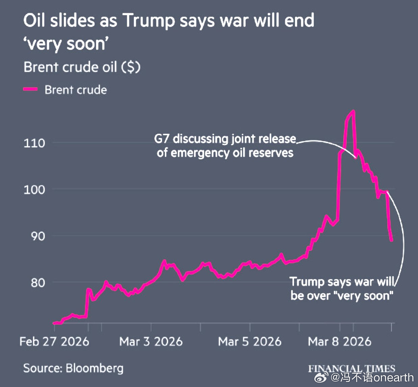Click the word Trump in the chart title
(148, 21)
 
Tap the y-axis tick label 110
(34, 143)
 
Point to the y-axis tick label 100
(34, 190)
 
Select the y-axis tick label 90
(38, 236)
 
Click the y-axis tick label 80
(38, 282)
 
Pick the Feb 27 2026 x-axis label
(54, 341)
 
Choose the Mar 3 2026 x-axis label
(151, 341)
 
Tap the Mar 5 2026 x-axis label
(250, 341)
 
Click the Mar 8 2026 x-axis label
(340, 341)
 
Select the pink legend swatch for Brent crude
(30, 89)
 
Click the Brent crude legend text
(76, 90)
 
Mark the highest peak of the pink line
(353, 111)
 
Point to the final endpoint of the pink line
(392, 240)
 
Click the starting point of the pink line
(54, 323)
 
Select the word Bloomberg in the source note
(95, 368)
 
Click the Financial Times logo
(351, 368)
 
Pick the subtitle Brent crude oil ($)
(82, 67)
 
